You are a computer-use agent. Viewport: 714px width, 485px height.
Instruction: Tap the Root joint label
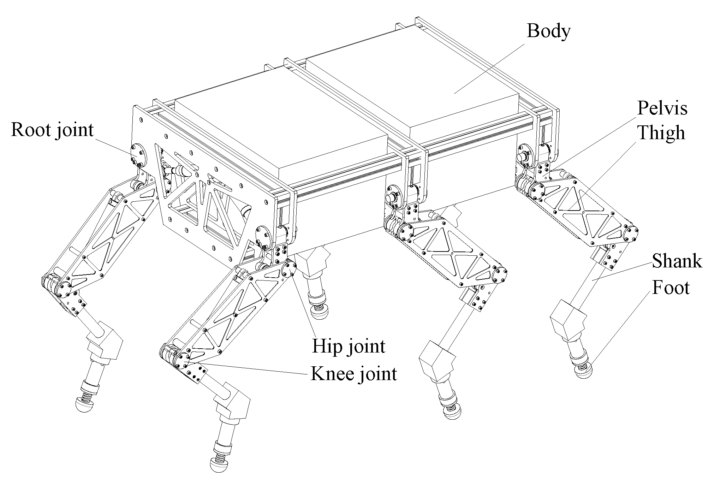pos(52,130)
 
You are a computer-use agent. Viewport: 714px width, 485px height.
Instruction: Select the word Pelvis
pos(662,108)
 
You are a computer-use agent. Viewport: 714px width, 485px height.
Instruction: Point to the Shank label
pos(677,261)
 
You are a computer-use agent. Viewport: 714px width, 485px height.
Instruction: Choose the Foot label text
pos(671,287)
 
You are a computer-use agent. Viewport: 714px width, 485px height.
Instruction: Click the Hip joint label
pos(349,347)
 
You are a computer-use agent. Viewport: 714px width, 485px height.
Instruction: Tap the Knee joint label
pos(354,373)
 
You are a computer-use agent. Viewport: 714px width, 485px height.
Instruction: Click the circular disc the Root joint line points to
pos(138,154)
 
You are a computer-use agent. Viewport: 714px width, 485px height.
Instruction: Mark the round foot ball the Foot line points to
pos(583,372)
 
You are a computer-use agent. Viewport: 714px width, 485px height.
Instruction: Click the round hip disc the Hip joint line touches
pos(289,271)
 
